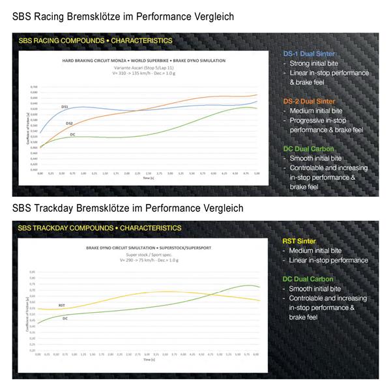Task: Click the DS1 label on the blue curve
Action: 65,106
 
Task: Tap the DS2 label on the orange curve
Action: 68,123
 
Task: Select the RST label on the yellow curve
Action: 61,305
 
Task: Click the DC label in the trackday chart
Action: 65,318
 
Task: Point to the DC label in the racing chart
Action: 73,134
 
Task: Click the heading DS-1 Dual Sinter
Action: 310,54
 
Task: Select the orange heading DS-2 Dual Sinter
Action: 310,101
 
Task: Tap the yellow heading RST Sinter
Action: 299,241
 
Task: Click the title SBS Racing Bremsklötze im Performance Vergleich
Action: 123,15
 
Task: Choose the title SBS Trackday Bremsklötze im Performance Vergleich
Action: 128,209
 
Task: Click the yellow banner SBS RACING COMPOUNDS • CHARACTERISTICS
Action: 95,40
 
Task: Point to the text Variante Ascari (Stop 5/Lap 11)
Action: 146,66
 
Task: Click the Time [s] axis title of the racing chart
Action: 149,179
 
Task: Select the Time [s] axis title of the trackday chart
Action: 149,359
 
